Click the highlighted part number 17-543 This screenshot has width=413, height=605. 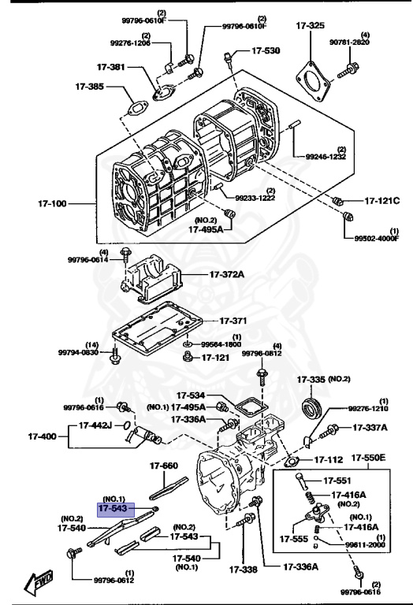point(114,509)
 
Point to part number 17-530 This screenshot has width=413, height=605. point(266,50)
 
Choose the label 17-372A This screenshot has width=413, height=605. point(227,274)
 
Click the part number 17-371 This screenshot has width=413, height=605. point(233,321)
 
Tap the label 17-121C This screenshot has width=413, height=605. point(382,202)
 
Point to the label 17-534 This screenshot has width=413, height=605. point(191,395)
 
